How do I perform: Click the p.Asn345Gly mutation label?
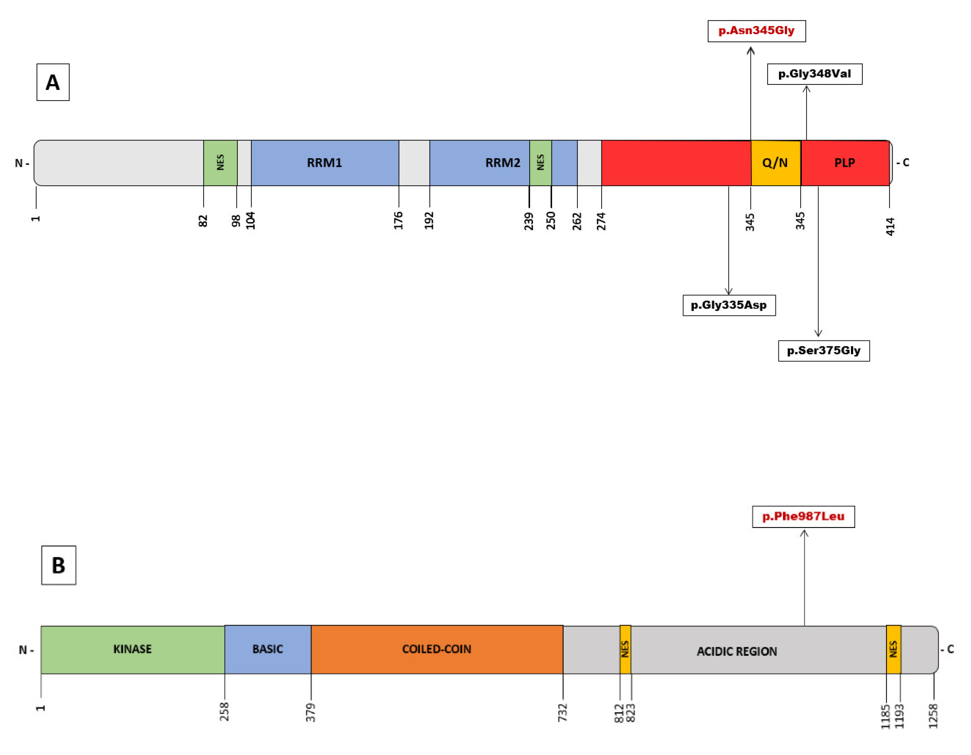click(756, 31)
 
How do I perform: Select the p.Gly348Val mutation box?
click(815, 74)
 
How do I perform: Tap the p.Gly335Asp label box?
click(729, 305)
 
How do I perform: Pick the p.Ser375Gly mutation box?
click(823, 351)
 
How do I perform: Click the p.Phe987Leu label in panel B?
click(803, 516)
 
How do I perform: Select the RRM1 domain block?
click(324, 163)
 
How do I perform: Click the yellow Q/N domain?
click(776, 163)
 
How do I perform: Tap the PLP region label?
click(844, 163)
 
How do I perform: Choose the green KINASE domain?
click(132, 649)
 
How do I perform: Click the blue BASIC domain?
click(268, 649)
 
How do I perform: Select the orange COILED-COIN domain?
click(437, 649)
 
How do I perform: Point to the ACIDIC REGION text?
click(737, 651)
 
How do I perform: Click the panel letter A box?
click(53, 82)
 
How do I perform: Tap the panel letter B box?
click(59, 565)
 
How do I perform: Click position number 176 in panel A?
click(398, 220)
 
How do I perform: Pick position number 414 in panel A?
click(890, 226)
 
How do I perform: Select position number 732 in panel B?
click(563, 712)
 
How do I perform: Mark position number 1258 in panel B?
click(933, 716)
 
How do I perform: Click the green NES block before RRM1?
click(220, 163)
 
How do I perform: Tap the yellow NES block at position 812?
click(625, 649)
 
